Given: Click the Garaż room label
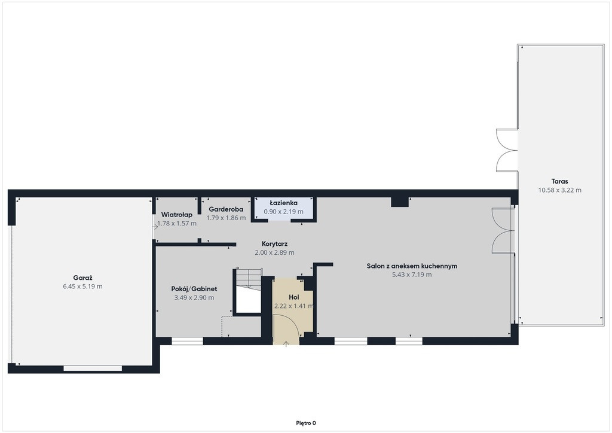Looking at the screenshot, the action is pos(82,278).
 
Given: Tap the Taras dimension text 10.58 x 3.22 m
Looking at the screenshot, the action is pos(559,190).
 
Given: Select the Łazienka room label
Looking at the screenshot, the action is pos(284,203).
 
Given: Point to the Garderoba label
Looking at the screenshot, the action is pos(226,209).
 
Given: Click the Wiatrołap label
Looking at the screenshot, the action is pos(177,215).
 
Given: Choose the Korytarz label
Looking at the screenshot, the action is pos(275,244).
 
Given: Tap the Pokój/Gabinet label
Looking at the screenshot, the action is pos(194,289).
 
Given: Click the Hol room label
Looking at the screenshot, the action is pos(294,297).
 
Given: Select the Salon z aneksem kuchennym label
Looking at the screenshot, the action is pos(412,266).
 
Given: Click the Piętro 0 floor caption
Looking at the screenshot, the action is pos(306,423).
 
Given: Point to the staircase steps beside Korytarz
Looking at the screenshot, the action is pos(249,278).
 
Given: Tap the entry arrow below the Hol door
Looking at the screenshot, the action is pos(286,343).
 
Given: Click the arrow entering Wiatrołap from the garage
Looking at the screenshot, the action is pos(155,227).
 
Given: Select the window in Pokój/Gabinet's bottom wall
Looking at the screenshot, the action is pos(187,341).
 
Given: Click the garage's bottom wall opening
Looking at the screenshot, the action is pos(93,368).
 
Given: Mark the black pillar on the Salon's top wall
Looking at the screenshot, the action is pos(400,202).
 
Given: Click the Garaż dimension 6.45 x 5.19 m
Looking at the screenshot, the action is pos(82,286).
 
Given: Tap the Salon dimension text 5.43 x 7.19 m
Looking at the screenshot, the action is pos(412,275).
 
